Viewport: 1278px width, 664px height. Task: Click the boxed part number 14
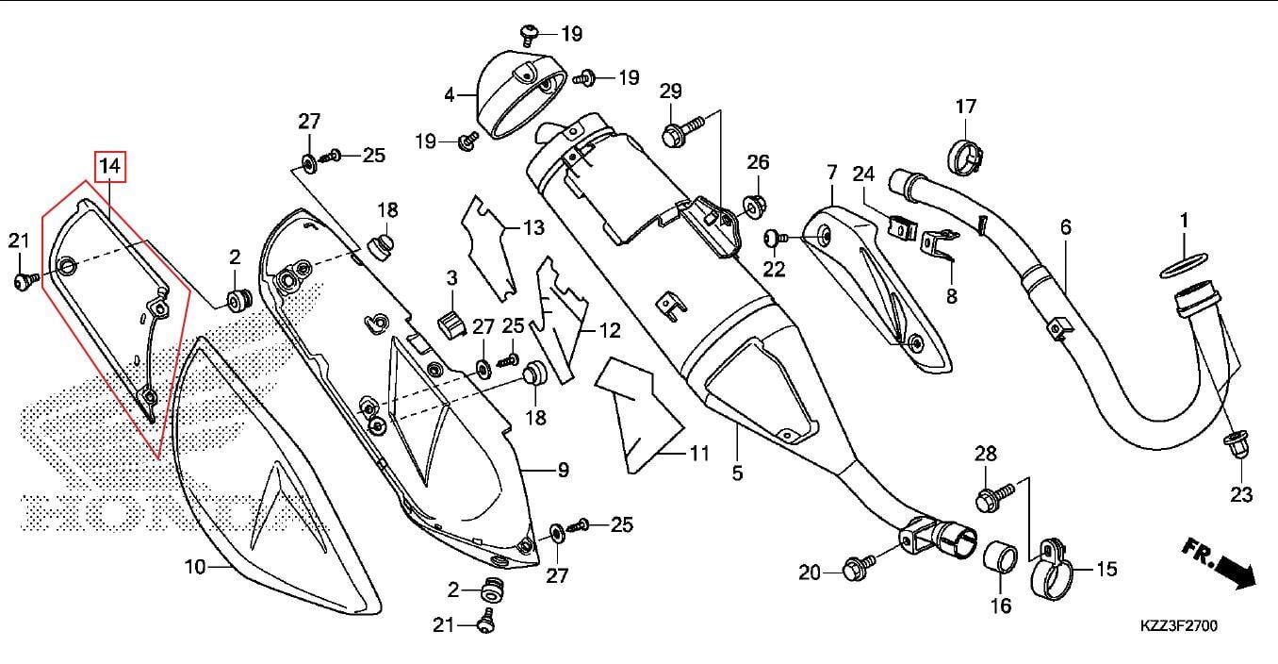110,167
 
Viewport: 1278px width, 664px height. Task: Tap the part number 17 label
966,107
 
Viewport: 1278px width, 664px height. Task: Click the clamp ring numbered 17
966,156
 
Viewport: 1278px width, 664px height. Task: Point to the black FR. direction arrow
1234,571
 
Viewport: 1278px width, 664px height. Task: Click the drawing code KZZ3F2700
1178,625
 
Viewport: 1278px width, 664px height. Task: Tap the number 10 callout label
195,567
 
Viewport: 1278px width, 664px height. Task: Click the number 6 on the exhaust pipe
1066,227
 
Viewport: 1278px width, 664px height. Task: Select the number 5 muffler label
737,472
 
